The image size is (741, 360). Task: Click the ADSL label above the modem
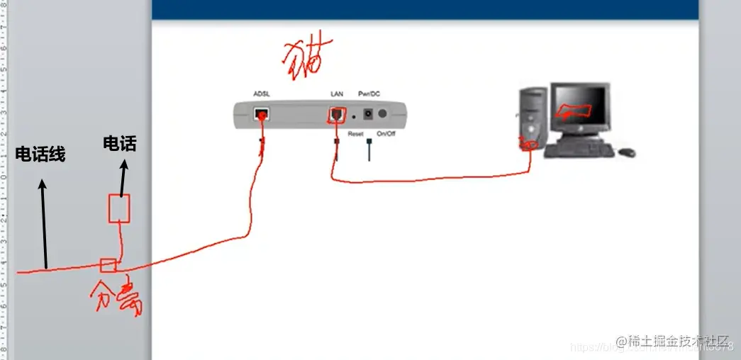(262, 94)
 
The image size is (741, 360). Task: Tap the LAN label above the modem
(337, 94)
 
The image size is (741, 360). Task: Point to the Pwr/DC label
(369, 94)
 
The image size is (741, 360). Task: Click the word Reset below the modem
(355, 133)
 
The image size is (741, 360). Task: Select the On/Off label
(386, 133)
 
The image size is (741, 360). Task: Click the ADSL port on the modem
(262, 113)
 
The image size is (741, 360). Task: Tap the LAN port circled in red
(336, 113)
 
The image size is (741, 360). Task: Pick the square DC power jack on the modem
(369, 113)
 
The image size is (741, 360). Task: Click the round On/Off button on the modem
(384, 113)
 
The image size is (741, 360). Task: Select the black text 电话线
(40, 154)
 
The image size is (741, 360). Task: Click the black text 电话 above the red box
(119, 144)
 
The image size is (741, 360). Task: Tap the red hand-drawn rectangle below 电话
(118, 209)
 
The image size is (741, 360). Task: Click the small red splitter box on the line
(108, 266)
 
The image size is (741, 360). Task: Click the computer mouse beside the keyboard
(626, 152)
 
